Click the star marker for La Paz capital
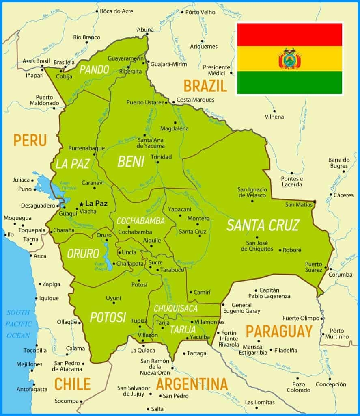coord(81,204)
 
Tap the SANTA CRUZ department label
coord(263,225)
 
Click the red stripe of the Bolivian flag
coord(289,35)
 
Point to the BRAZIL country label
coord(205,86)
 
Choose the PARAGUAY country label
coord(279,331)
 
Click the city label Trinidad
coord(161,157)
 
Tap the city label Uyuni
coord(113,298)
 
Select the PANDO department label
coord(94,69)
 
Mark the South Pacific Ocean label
coord(18,324)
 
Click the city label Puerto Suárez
coord(314,267)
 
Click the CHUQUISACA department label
coord(176,308)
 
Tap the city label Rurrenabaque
coord(86,148)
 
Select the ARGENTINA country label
coord(192,384)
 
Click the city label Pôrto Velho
coord(200,12)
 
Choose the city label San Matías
coord(299,204)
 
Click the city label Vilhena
coord(274,117)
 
